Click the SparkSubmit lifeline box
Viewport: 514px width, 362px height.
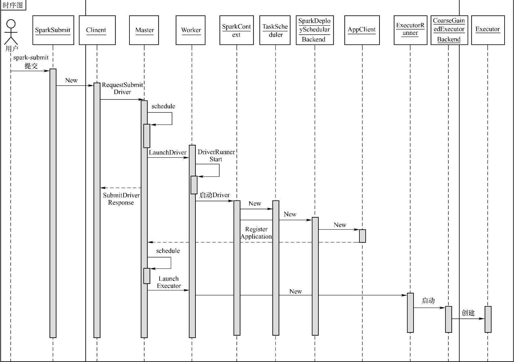(53, 30)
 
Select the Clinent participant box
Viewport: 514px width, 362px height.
(97, 30)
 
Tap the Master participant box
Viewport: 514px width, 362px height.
(144, 30)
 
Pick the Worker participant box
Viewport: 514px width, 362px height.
(191, 30)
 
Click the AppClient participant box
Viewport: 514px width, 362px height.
(362, 30)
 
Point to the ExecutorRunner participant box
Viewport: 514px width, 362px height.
(410, 30)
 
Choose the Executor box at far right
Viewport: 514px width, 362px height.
(488, 30)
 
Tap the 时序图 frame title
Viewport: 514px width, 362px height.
(13, 5)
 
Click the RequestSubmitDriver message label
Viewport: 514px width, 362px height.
(122, 89)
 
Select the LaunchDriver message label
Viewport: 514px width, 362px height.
(168, 152)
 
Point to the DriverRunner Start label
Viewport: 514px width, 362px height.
(216, 156)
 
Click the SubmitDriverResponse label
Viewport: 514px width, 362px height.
(121, 199)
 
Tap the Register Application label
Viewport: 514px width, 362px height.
(256, 233)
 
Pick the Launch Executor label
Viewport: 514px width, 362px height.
(168, 282)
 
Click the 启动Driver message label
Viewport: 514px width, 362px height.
(215, 195)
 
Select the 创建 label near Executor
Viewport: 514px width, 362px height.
(468, 313)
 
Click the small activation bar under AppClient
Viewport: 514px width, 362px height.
(362, 236)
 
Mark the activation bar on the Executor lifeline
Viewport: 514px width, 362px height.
(488, 319)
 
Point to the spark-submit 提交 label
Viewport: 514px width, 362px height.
(31, 62)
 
